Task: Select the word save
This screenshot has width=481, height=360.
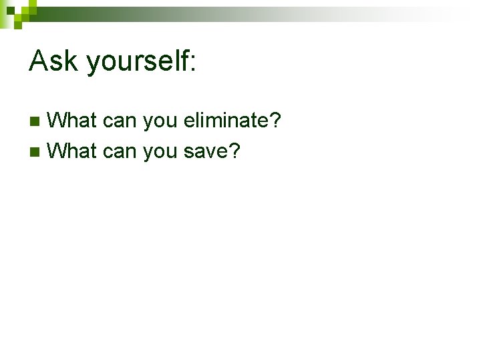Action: coord(205,152)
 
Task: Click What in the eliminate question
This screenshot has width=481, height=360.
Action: coord(73,121)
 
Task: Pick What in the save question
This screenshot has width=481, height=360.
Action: coord(73,151)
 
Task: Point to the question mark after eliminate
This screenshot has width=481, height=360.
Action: coord(275,121)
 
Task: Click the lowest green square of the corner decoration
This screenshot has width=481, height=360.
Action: coord(19,25)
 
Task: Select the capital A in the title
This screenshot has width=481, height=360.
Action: coord(39,61)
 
